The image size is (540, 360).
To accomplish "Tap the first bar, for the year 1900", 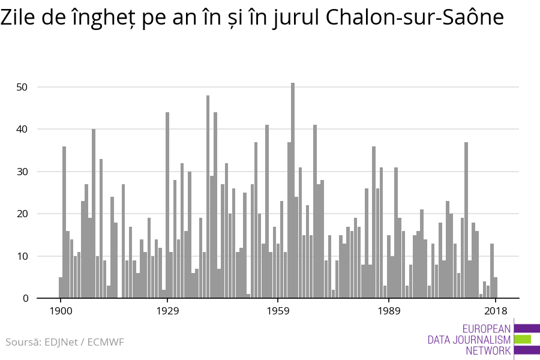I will click(61, 287).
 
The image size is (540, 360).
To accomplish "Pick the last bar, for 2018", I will click(496, 287).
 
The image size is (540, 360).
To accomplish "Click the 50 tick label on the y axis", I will click(23, 87).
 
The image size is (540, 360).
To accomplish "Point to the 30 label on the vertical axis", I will click(23, 172).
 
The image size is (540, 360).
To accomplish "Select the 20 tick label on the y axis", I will click(23, 214).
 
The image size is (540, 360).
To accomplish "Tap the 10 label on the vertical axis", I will click(23, 256).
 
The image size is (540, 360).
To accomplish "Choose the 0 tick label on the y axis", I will click(26, 298).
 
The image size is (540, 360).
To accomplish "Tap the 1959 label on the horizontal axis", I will click(278, 311).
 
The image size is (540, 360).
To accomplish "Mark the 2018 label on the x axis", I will click(496, 311).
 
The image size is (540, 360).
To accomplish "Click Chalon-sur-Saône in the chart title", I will click(415, 19).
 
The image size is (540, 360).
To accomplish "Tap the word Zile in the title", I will click(20, 19).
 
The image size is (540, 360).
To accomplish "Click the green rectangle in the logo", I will click(523, 340).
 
